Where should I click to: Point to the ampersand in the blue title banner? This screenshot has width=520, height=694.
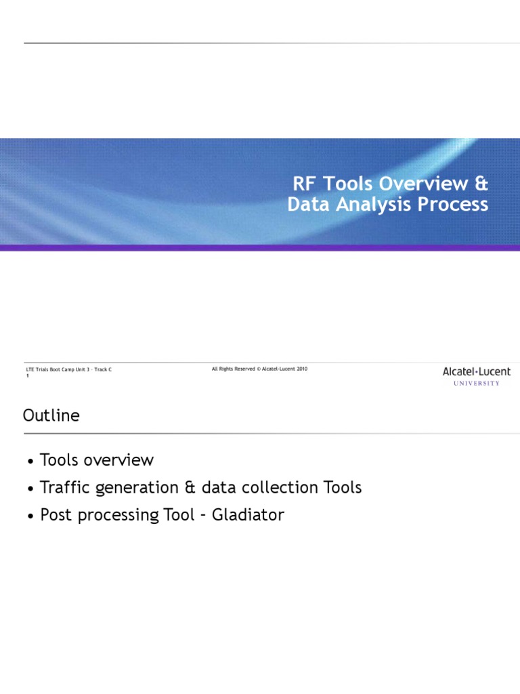coord(481,184)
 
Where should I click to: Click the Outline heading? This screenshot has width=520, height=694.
coord(51,415)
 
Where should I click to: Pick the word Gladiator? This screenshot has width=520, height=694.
coord(248,515)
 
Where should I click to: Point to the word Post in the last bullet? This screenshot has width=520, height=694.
coord(55,515)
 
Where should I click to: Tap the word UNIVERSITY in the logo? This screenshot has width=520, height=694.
coord(477,384)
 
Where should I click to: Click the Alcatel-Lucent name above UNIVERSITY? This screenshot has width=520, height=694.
coord(477,371)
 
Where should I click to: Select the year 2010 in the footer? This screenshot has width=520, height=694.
coord(301,369)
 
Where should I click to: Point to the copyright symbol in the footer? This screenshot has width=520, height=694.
coord(259,369)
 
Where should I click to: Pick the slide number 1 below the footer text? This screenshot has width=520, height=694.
coord(27,375)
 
